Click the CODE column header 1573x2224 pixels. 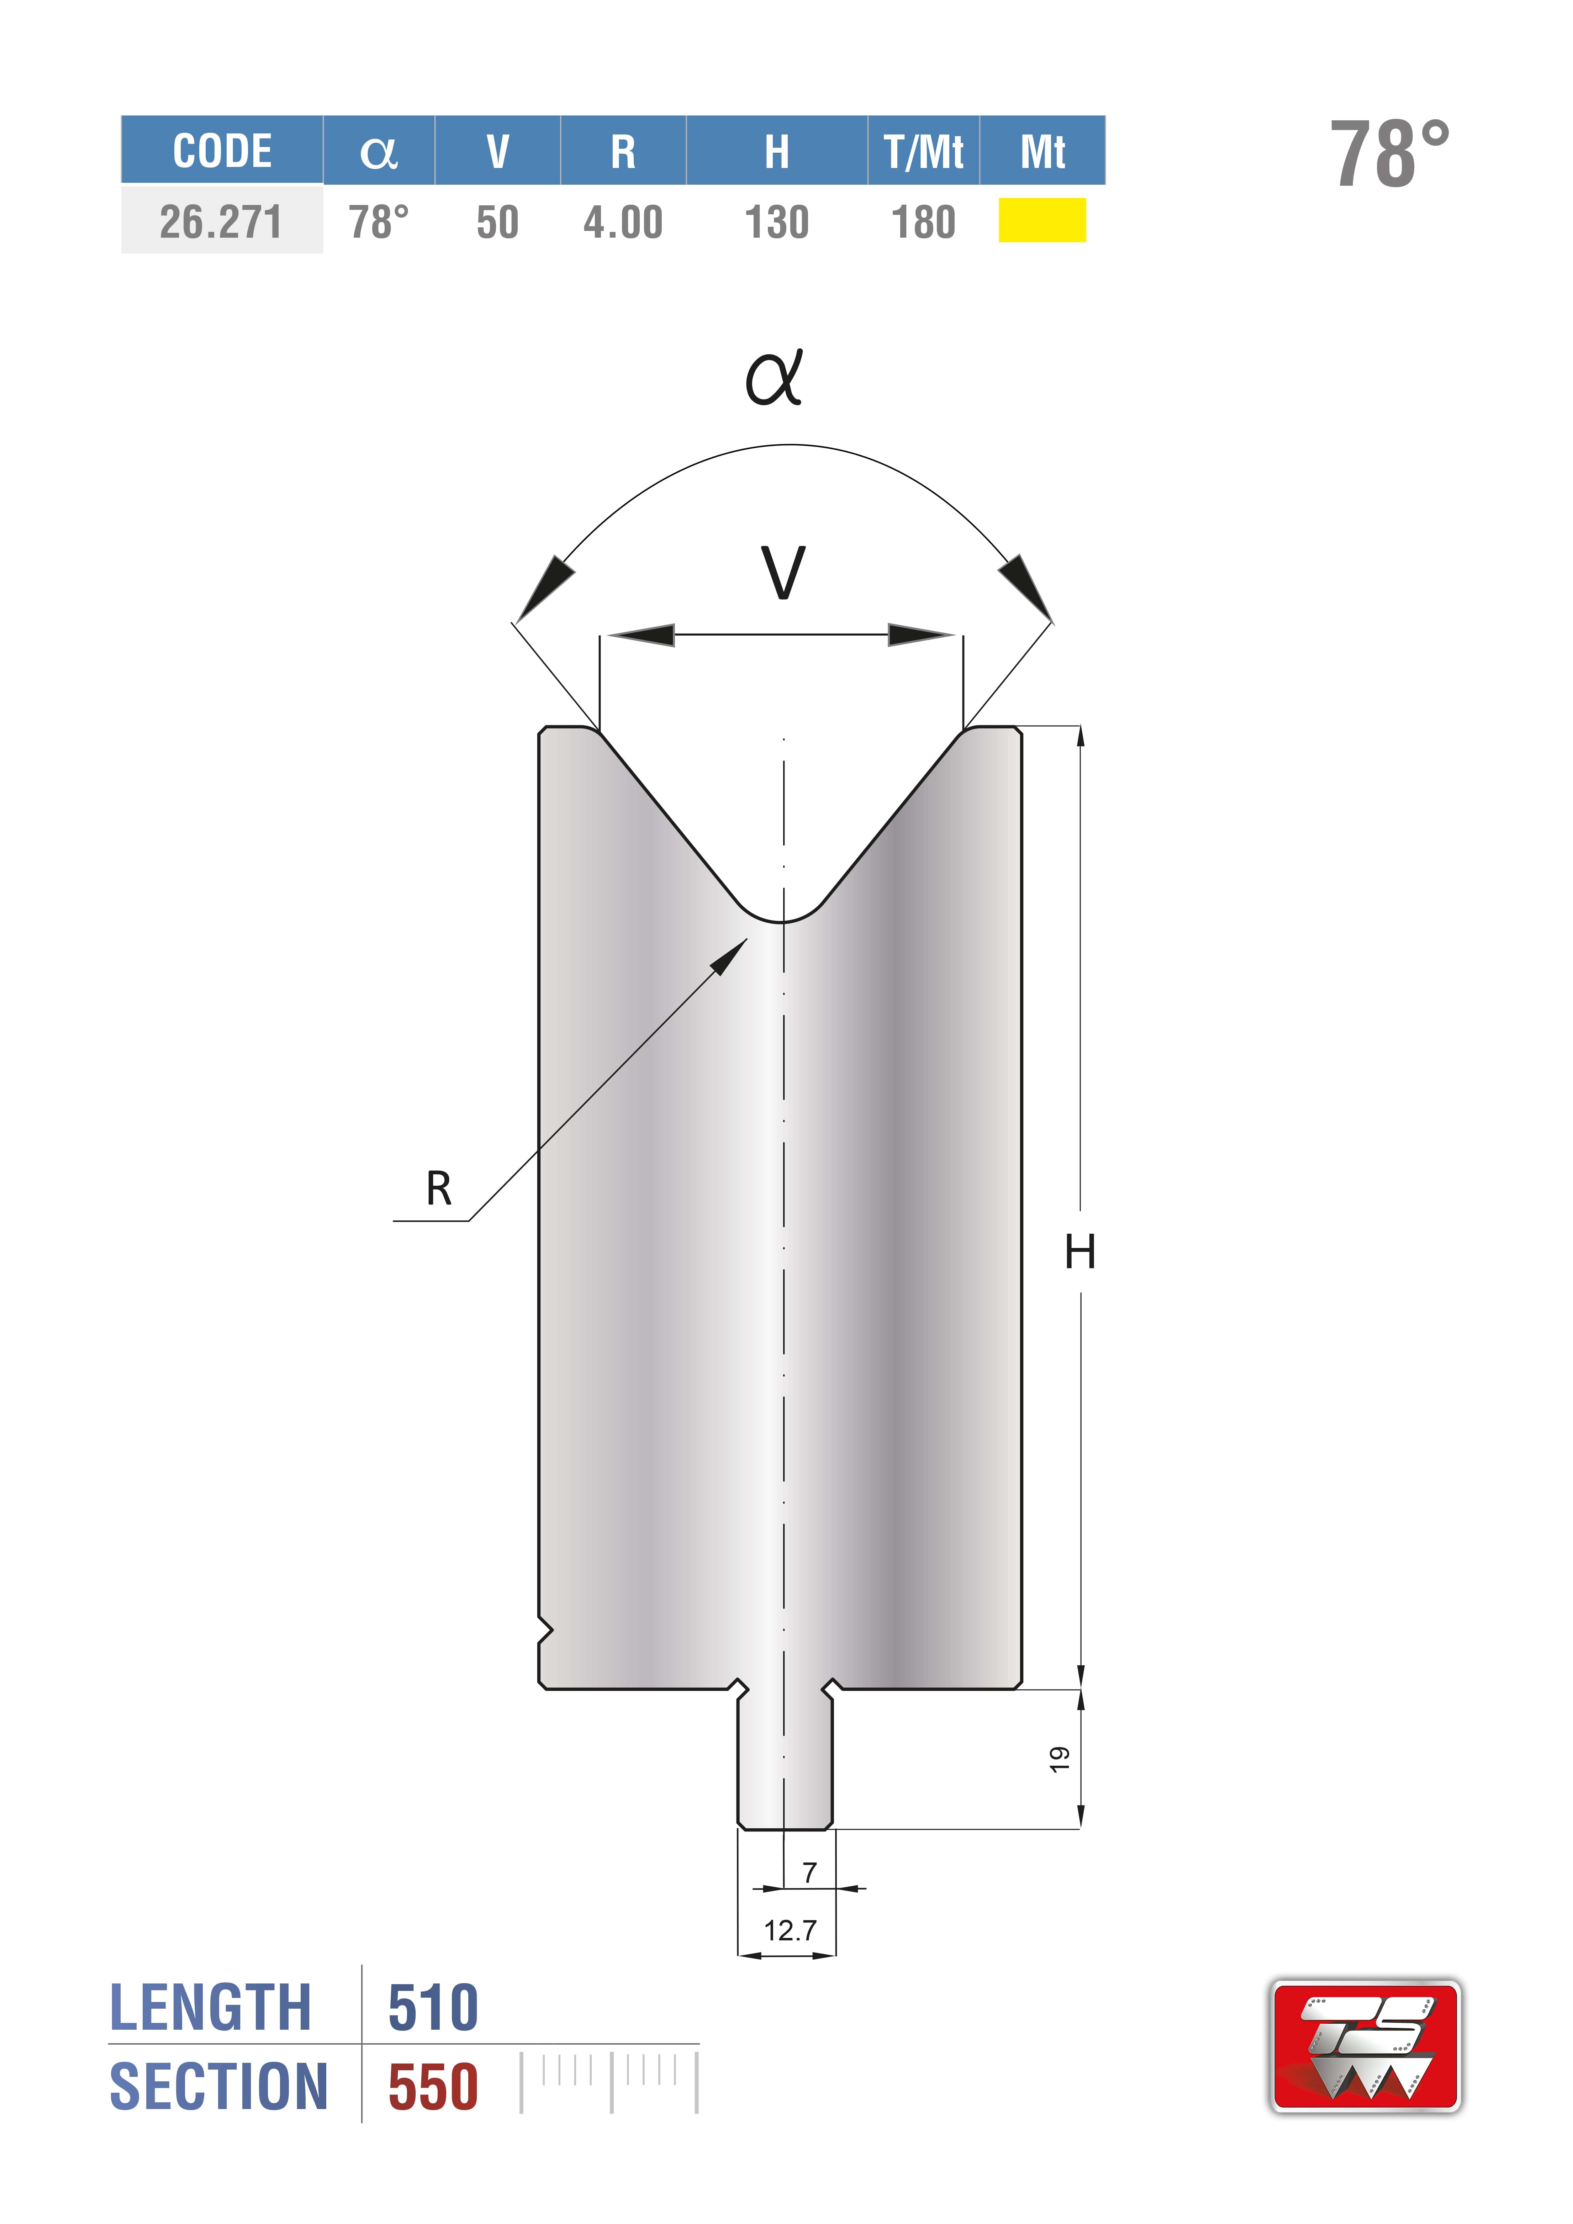click(x=222, y=151)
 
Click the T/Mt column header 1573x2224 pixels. click(x=923, y=151)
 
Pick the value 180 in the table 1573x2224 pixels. click(x=923, y=222)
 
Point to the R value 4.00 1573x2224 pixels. click(x=623, y=222)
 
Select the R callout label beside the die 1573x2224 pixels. click(x=439, y=1187)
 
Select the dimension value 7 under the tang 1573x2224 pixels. click(x=810, y=1872)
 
